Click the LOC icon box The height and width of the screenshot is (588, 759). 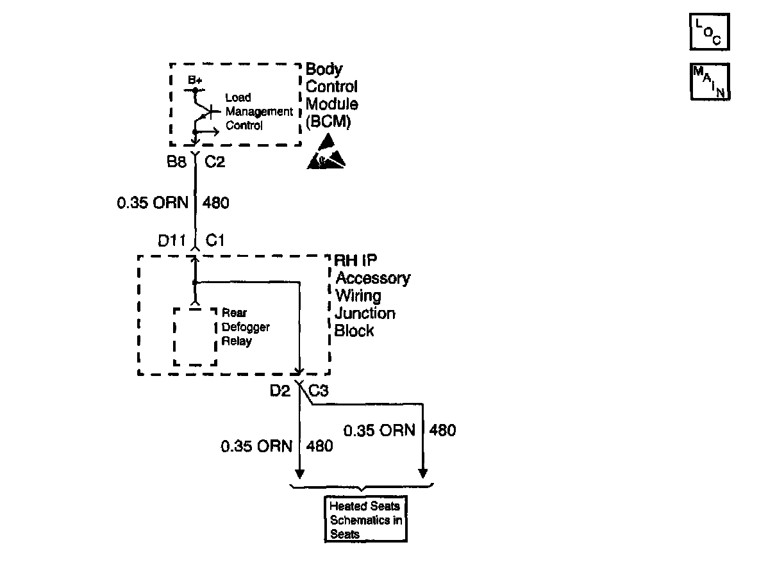tap(709, 32)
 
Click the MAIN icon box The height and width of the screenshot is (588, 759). tap(710, 82)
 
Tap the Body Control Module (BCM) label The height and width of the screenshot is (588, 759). tap(332, 95)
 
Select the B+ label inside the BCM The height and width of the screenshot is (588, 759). tap(195, 80)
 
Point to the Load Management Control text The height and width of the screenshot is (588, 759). tap(259, 111)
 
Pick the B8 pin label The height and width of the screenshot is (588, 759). tap(177, 161)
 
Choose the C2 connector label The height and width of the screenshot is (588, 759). tap(215, 161)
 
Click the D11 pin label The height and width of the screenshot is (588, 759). tap(172, 240)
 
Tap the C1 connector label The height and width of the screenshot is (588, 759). tap(215, 240)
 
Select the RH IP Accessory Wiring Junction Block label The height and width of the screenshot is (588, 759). tap(372, 295)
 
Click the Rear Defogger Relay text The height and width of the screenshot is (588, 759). tap(246, 327)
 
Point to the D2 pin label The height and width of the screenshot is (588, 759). tap(279, 391)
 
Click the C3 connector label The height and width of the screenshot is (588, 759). tap(319, 391)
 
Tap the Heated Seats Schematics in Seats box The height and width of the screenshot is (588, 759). tap(365, 519)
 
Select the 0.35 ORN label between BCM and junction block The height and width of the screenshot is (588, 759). tap(153, 202)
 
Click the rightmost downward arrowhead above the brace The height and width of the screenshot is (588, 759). tap(423, 473)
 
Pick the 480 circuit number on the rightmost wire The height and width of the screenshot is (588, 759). tap(442, 430)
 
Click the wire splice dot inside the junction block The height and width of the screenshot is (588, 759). tap(195, 282)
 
